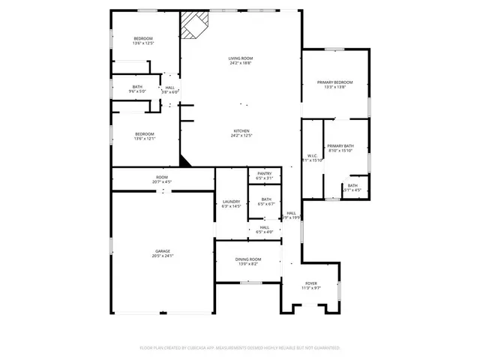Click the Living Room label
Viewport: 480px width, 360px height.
click(240, 58)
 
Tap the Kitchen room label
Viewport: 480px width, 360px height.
click(240, 130)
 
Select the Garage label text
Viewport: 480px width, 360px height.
click(163, 250)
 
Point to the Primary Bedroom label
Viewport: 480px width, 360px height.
click(334, 82)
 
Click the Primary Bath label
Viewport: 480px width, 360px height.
click(340, 146)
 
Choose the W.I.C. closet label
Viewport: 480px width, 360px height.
click(311, 155)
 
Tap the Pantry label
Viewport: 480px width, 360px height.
click(265, 173)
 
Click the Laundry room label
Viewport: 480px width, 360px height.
click(231, 202)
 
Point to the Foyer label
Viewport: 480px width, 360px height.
click(310, 283)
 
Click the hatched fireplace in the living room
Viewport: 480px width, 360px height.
click(193, 25)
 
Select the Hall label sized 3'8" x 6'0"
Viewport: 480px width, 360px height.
click(170, 88)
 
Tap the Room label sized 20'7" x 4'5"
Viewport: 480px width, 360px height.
click(162, 178)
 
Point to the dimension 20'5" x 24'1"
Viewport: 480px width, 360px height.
click(163, 256)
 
